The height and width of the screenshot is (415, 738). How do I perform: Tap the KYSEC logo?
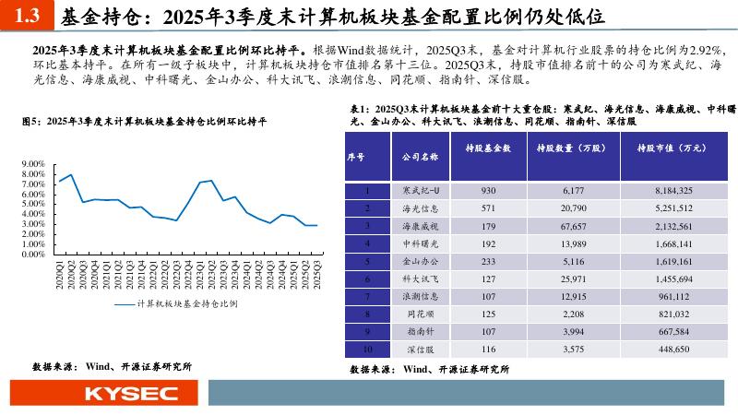point(131,394)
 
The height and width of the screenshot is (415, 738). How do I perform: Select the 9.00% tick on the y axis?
point(31,164)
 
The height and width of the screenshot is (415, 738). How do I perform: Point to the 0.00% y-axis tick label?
point(31,255)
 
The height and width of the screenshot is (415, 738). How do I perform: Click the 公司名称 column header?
point(421,157)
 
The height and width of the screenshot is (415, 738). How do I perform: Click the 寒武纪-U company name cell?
point(421,190)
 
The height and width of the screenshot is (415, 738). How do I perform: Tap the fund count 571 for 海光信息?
point(490,207)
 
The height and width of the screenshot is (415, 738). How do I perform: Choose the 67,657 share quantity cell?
point(574,225)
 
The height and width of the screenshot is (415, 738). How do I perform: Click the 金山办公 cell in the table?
point(421,261)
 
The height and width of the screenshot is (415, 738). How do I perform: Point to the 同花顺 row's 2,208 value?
point(574,314)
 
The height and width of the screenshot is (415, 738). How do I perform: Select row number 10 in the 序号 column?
point(367,350)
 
